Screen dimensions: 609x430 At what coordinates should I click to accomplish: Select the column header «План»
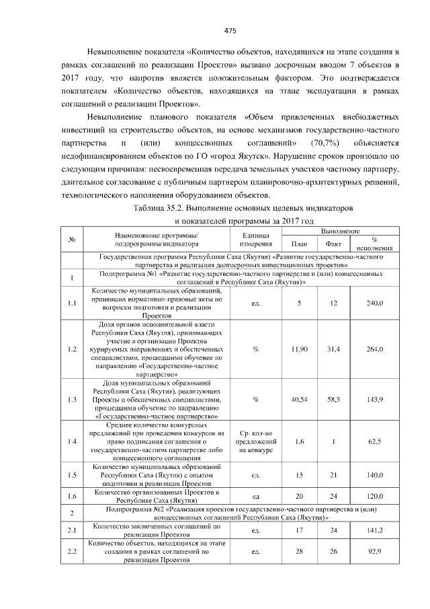tap(299, 244)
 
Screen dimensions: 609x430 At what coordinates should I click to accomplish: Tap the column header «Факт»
tap(333, 244)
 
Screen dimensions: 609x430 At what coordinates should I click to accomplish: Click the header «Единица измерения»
tap(255, 240)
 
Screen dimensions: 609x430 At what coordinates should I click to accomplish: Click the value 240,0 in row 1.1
tap(374, 303)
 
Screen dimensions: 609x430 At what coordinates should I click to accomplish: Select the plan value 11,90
tap(299, 349)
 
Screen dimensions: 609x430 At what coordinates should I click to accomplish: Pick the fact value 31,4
tap(333, 349)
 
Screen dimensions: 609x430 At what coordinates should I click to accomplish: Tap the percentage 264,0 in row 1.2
tap(374, 349)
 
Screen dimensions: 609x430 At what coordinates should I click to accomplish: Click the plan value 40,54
tap(299, 399)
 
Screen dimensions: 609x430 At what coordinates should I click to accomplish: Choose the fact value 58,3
tap(333, 399)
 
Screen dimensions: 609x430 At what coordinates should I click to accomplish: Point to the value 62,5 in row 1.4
tap(374, 441)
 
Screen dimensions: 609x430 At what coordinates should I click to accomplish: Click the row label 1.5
tap(71, 474)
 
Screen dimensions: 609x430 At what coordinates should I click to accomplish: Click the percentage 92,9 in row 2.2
tap(374, 552)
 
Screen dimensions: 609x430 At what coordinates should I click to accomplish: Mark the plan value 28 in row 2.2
tap(299, 552)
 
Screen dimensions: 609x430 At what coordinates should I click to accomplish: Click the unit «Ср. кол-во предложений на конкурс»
tap(255, 441)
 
